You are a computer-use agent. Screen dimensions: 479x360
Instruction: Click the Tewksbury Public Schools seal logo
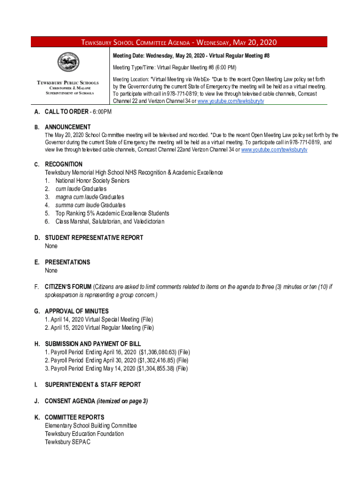click(68, 63)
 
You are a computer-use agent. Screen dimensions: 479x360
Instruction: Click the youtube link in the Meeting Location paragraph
click(231, 101)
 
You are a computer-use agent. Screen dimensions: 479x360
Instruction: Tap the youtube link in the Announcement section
click(274, 150)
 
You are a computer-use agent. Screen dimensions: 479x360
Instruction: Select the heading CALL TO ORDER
click(66, 112)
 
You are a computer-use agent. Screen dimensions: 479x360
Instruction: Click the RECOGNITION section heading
click(64, 164)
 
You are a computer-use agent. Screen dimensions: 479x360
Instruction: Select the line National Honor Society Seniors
click(93, 181)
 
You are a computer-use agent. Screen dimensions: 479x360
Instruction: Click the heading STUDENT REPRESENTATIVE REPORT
click(94, 238)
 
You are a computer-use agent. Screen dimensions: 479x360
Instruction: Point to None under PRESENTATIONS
click(51, 270)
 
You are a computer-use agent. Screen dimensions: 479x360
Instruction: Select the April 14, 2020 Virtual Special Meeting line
click(99, 319)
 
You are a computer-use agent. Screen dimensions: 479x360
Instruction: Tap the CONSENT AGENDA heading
click(70, 401)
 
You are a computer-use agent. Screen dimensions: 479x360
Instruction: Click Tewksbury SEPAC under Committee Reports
click(67, 442)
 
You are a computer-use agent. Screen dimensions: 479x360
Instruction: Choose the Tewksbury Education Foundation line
click(84, 434)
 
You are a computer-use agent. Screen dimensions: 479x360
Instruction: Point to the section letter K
click(36, 417)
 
